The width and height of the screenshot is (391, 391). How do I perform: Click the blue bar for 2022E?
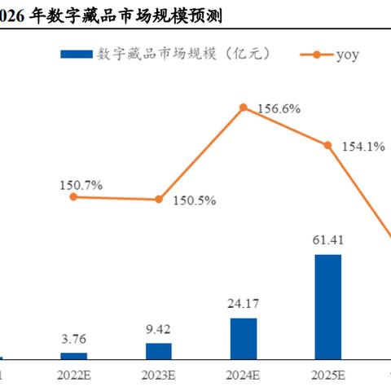[73, 355]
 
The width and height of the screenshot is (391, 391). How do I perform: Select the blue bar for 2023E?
[159, 350]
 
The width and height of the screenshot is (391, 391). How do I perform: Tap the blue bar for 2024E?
[244, 338]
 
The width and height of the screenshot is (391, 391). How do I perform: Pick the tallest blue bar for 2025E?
[328, 306]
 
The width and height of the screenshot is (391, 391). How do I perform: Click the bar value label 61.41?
[328, 242]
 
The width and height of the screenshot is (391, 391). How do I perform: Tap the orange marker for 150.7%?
[73, 196]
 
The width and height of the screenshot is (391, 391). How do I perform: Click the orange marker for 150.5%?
[159, 199]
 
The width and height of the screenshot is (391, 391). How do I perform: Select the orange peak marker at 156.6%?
[243, 107]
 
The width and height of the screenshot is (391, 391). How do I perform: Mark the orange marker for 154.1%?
[328, 146]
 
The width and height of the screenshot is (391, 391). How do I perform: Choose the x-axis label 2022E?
[74, 376]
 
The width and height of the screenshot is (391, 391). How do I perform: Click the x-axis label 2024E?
[244, 376]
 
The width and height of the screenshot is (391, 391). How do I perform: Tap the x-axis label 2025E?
[328, 376]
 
